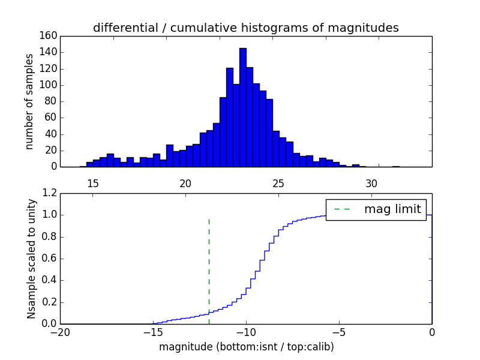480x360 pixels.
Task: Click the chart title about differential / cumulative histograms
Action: (246, 28)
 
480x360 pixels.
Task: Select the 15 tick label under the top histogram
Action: (93, 183)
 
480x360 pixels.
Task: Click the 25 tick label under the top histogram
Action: (279, 183)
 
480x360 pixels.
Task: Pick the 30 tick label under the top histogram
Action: (372, 183)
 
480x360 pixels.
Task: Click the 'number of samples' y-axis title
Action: (29, 101)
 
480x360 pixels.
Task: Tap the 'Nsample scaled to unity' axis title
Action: (31, 259)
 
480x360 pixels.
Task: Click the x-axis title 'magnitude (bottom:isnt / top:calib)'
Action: (246, 347)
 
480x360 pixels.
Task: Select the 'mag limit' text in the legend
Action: (392, 209)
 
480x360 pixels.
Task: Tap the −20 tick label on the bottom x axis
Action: (60, 332)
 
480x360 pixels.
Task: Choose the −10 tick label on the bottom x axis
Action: (246, 332)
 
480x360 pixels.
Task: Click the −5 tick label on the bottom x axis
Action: (339, 332)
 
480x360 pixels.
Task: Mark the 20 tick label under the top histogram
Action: (186, 183)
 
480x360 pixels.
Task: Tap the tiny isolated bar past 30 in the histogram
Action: (396, 166)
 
